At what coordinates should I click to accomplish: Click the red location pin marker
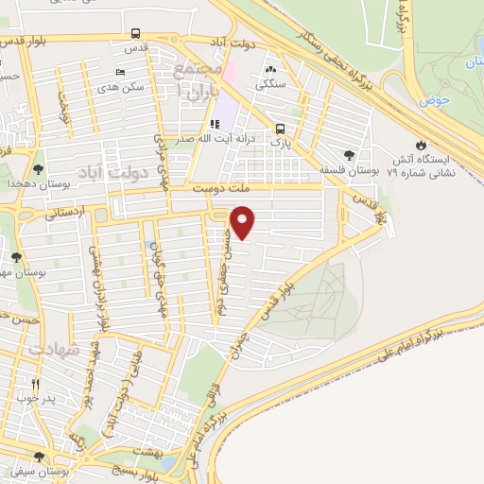click(243, 223)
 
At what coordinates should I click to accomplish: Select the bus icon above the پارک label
click(280, 129)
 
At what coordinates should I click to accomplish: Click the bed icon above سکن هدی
click(119, 72)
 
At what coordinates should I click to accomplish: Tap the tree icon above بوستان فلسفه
click(351, 155)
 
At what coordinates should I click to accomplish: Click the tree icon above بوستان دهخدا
click(37, 170)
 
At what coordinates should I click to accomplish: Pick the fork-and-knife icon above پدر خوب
click(36, 384)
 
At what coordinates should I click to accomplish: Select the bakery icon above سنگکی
click(271, 70)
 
